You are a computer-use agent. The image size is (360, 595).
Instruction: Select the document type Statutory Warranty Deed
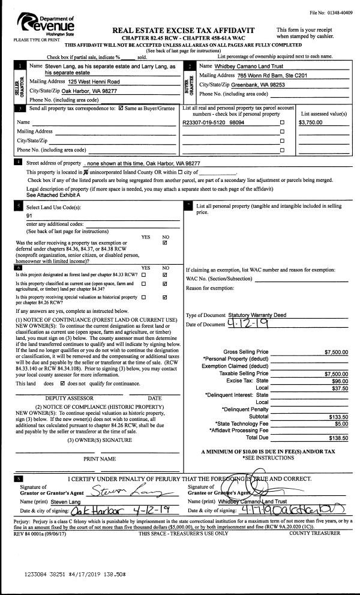coord(259,315)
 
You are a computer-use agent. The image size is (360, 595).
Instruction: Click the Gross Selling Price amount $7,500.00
coord(336,351)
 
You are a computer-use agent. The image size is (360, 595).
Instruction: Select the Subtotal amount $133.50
coord(338,416)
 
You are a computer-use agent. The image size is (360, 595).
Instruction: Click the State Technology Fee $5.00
coord(341,423)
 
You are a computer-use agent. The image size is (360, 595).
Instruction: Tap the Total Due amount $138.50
coord(338,438)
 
